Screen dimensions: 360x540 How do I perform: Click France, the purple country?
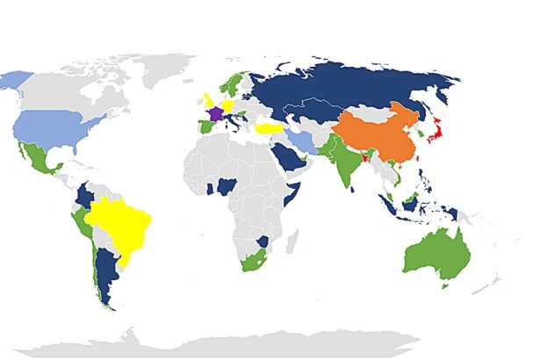pyautogui.click(x=212, y=115)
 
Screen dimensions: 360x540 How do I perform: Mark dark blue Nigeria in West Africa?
pyautogui.click(x=227, y=186)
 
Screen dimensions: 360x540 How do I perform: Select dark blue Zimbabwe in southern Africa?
pyautogui.click(x=262, y=240)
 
